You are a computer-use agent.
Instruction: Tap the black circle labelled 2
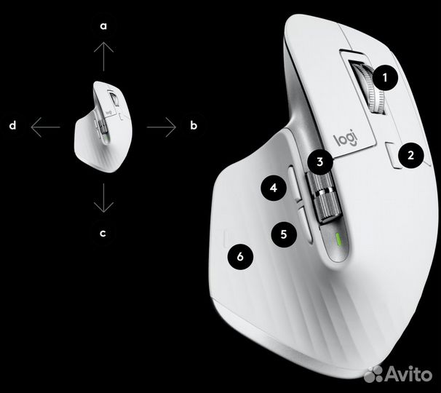click(x=411, y=154)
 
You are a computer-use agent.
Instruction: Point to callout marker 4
click(x=273, y=188)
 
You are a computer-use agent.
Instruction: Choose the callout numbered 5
click(x=284, y=234)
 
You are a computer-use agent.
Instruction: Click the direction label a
click(x=104, y=26)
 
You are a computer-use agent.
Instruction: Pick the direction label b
click(x=194, y=126)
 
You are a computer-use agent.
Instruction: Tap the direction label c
click(x=104, y=234)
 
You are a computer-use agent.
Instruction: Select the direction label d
click(x=13, y=126)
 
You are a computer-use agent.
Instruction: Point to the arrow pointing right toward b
click(x=162, y=127)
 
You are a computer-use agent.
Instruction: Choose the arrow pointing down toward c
click(x=104, y=197)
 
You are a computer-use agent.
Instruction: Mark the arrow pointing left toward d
click(x=45, y=127)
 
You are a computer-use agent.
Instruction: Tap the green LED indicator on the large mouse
click(x=339, y=239)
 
